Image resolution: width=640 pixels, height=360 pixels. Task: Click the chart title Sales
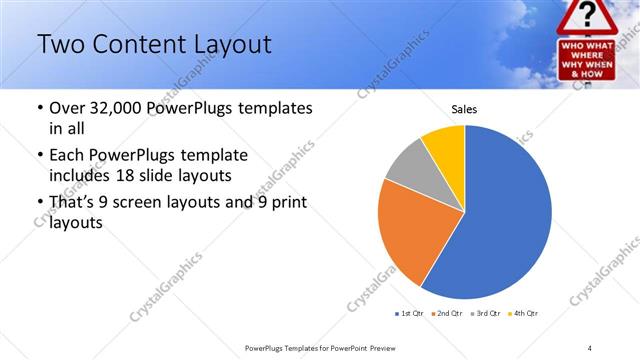464,109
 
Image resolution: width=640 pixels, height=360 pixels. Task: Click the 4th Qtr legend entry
525,315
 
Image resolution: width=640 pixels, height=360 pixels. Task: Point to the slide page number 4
590,347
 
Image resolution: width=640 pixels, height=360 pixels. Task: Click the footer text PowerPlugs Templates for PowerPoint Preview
327,347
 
